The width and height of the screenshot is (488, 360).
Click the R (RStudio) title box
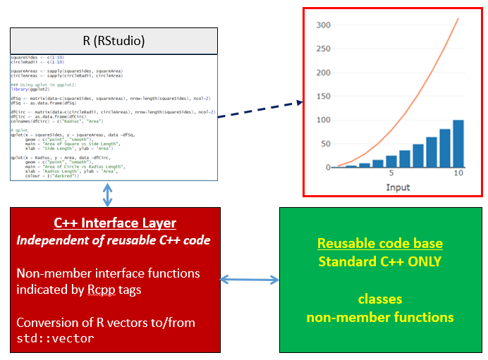point(114,41)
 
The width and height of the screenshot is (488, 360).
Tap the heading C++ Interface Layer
point(114,223)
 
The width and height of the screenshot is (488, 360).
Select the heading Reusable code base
point(379,244)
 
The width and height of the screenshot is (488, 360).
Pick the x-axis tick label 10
point(458,174)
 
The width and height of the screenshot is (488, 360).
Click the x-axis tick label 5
point(391,174)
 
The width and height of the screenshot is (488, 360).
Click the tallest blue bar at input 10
point(458,144)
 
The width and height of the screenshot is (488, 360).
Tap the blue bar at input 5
point(391,161)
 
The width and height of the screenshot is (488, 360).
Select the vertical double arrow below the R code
point(107,194)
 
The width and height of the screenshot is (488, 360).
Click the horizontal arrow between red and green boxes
point(250,280)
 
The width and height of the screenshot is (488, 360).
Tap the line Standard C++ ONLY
point(379,261)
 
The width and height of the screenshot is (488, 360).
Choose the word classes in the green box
point(379,299)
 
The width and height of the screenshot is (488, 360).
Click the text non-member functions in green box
point(379,317)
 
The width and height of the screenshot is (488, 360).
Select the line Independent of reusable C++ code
point(114,241)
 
